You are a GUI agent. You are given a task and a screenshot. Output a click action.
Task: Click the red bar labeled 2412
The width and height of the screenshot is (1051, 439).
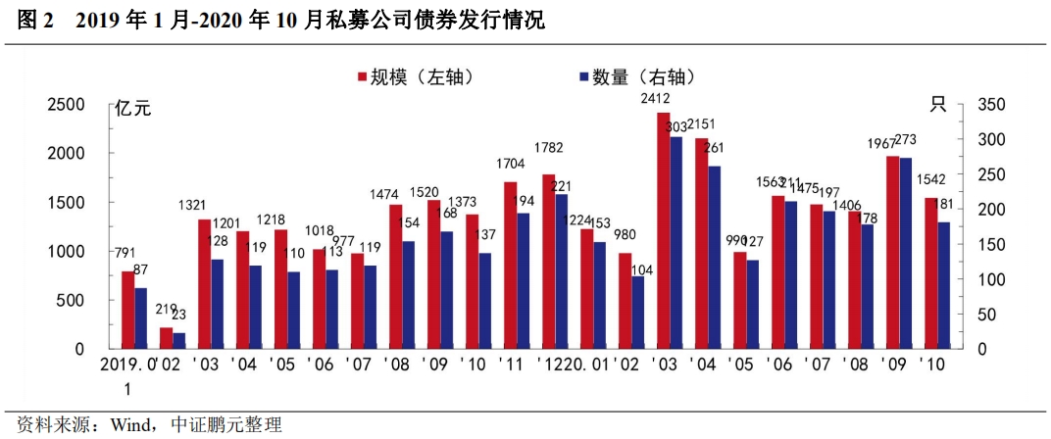pyautogui.click(x=663, y=230)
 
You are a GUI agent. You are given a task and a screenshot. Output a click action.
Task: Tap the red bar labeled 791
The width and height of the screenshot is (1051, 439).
pyautogui.click(x=127, y=310)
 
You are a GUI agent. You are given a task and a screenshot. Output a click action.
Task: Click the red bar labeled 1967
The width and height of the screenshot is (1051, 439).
pyautogui.click(x=892, y=252)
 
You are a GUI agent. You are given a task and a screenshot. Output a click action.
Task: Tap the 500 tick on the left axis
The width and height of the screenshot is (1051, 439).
pyautogui.click(x=73, y=301)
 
